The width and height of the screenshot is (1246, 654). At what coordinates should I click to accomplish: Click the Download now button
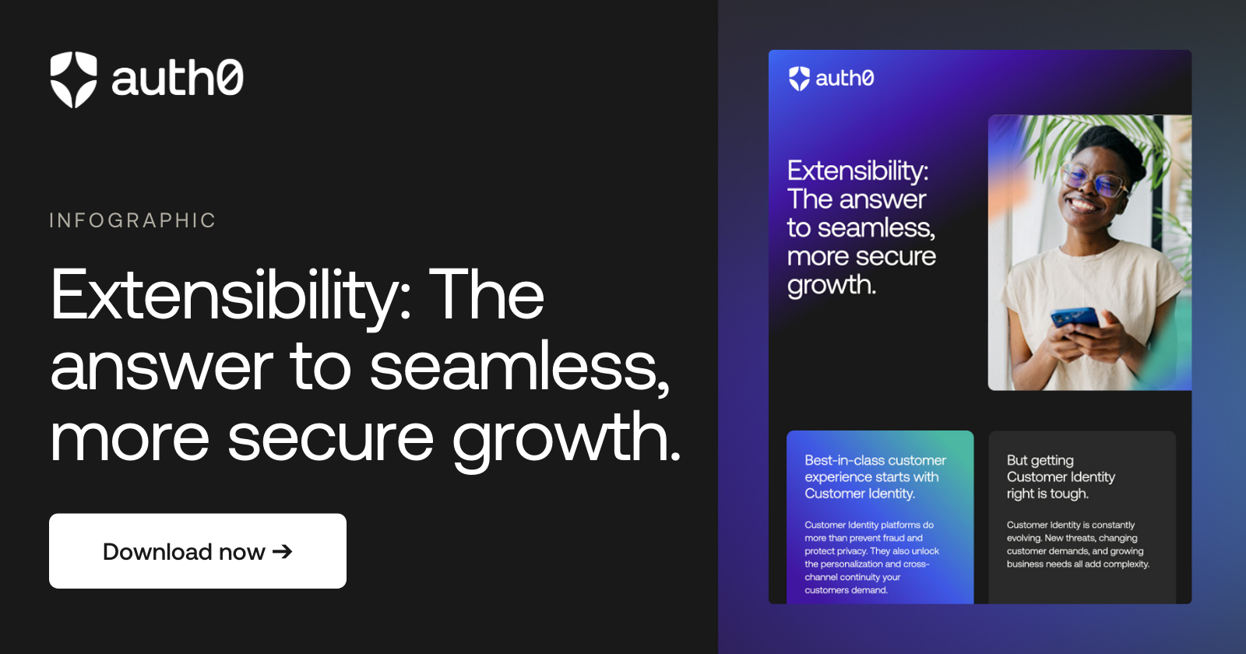tap(197, 551)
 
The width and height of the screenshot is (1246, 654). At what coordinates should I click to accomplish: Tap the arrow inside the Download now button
tap(283, 551)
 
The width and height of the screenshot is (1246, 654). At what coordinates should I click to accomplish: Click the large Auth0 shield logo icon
tap(74, 79)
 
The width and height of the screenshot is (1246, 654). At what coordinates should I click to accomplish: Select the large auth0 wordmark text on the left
tap(178, 79)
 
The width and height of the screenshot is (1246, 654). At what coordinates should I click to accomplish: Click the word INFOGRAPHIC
tap(132, 220)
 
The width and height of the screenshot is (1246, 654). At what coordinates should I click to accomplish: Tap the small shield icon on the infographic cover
tap(800, 79)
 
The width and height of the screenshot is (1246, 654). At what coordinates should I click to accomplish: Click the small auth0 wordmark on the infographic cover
tap(845, 79)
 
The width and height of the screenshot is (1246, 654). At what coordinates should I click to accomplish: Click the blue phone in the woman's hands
tap(1075, 318)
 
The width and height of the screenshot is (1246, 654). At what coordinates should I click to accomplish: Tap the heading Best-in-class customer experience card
tap(875, 476)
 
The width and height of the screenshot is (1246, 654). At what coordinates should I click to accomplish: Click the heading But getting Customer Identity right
tap(1061, 476)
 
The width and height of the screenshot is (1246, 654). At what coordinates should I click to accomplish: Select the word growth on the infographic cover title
tap(832, 286)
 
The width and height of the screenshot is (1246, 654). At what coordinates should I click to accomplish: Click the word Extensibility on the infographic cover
tap(857, 171)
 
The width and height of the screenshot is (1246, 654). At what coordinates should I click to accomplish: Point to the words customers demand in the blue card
tap(847, 590)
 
